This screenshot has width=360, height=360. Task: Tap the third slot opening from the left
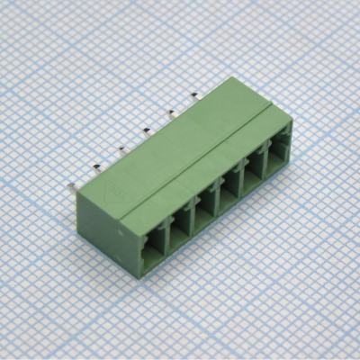pyautogui.click(x=204, y=210)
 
